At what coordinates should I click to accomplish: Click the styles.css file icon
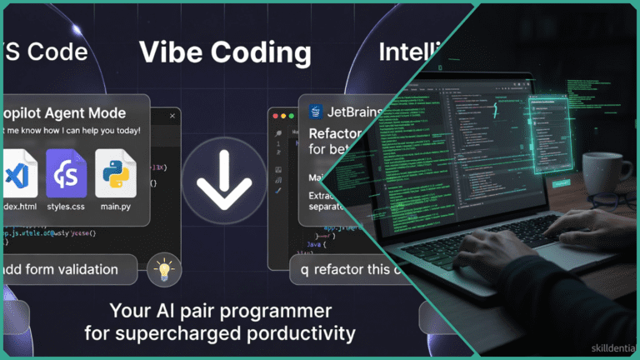67,173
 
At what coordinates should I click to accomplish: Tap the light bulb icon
164,269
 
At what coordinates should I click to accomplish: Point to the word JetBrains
355,112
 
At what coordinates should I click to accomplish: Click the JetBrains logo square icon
316,112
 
